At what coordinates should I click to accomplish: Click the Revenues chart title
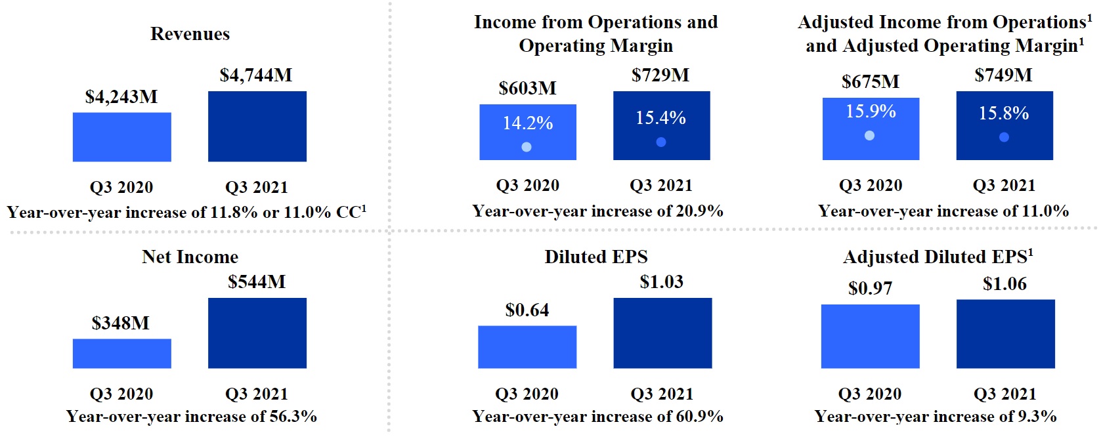coord(190,34)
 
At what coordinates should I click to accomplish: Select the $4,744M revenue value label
coord(256,75)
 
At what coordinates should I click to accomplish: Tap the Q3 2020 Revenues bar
coord(121,136)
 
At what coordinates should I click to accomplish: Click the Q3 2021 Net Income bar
coord(257,333)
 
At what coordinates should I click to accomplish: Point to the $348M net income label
coord(121,323)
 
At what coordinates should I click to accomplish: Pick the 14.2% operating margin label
coord(528,123)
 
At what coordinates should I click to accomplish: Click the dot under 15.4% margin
coord(661,142)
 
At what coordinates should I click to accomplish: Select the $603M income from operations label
coord(527,88)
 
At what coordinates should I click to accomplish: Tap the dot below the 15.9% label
coord(869,136)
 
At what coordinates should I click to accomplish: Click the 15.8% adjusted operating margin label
coord(1004,114)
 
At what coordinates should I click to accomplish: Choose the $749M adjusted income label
coord(1003,75)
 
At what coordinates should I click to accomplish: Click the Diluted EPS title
coord(595,257)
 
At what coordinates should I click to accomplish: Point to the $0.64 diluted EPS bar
coord(527,346)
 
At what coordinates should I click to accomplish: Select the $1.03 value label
coord(661,282)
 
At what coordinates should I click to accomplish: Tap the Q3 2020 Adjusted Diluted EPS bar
coord(870,336)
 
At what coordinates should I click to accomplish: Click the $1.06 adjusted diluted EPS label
coord(1004,284)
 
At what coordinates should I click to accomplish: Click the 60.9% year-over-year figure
coord(699,417)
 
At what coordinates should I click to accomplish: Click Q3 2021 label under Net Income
coord(257,394)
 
